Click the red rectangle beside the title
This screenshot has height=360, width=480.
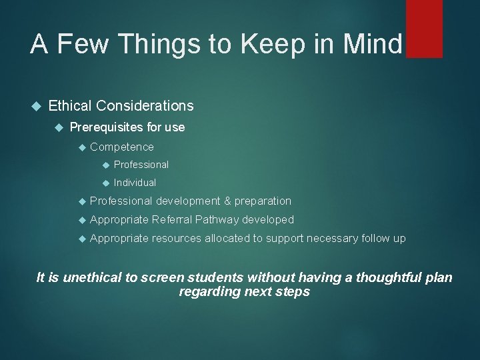pos(424,29)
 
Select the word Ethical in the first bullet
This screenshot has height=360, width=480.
pos(70,105)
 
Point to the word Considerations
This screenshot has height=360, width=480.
pos(145,105)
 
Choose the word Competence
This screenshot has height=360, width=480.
pos(121,147)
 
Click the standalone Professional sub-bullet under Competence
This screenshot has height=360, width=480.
pos(141,165)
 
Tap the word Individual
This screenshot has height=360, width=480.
pos(135,183)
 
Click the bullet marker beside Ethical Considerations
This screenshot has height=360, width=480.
pos(36,105)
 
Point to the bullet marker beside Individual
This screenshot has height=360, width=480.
pos(105,183)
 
